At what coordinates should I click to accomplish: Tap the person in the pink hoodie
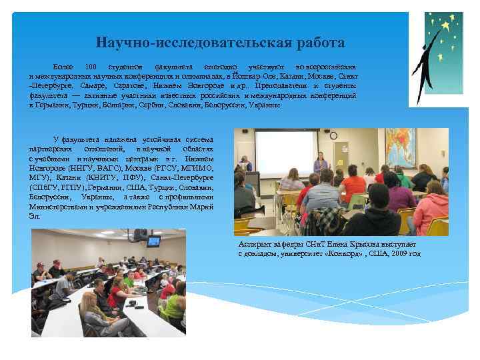click(x=430, y=203)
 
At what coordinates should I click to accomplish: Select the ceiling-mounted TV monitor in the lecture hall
click(x=153, y=241)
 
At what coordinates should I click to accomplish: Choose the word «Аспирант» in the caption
click(x=253, y=245)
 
